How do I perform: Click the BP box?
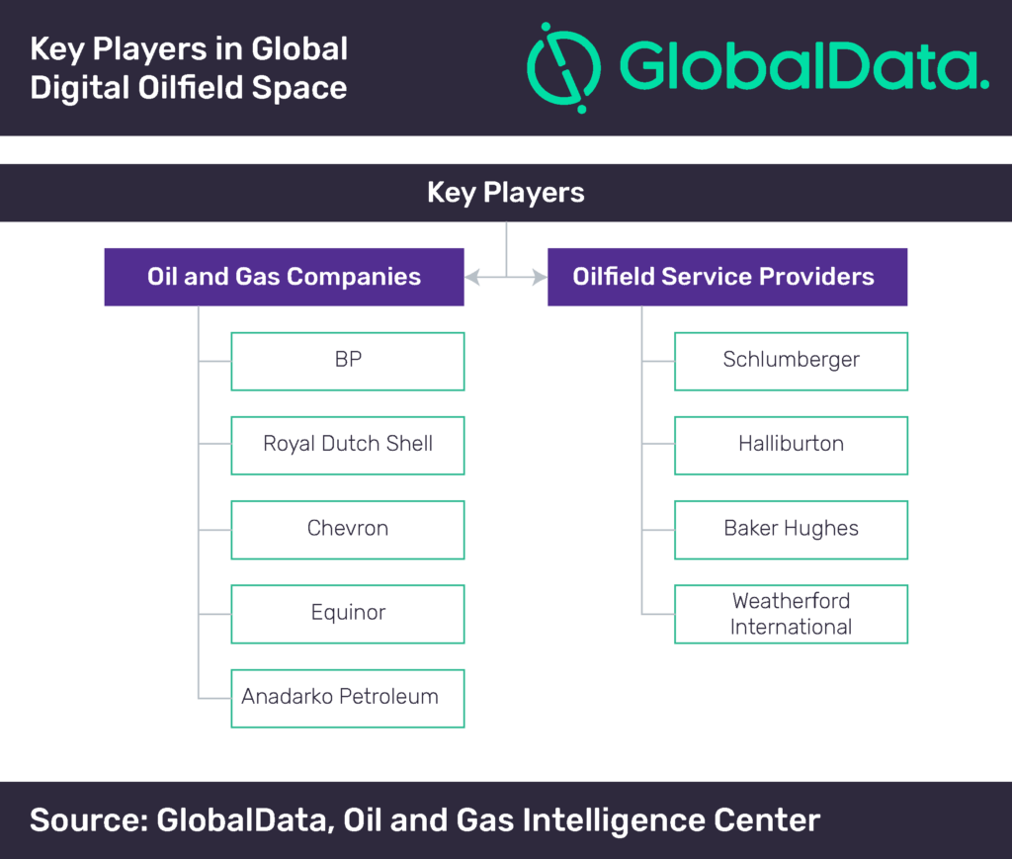tap(348, 362)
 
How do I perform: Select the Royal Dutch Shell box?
tap(348, 445)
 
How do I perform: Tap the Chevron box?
tap(348, 530)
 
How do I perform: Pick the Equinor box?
tap(348, 614)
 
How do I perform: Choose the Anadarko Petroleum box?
tap(348, 698)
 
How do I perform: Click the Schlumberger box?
tap(792, 362)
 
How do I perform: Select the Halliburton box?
tap(792, 445)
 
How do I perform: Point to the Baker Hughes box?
tap(792, 530)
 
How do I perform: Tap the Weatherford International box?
tap(792, 614)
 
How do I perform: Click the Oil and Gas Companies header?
tap(284, 277)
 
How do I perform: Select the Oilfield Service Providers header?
tap(727, 277)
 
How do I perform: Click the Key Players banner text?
tap(506, 193)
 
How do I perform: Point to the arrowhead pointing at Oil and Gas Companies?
tap(472, 278)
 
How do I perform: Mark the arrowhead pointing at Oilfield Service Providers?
tap(540, 278)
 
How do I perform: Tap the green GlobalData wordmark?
tap(804, 65)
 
